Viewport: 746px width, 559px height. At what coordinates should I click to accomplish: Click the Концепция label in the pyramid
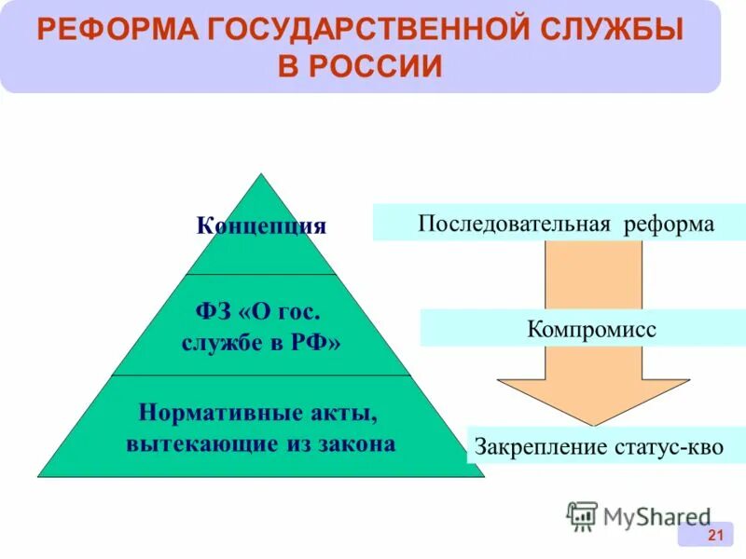(x=261, y=226)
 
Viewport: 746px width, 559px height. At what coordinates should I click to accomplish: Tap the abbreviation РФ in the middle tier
(x=316, y=342)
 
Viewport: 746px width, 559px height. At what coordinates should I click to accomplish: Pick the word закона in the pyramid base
(x=354, y=443)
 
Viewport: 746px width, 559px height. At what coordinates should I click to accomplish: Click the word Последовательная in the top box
(x=514, y=225)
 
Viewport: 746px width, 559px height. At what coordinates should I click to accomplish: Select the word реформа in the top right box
(x=671, y=225)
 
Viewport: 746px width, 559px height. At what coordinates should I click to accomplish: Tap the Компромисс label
(x=591, y=329)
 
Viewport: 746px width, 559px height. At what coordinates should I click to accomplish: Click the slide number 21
(x=716, y=534)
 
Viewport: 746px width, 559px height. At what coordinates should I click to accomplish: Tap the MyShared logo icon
(x=582, y=515)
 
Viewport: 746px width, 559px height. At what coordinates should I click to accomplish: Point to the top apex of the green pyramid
(x=262, y=175)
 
